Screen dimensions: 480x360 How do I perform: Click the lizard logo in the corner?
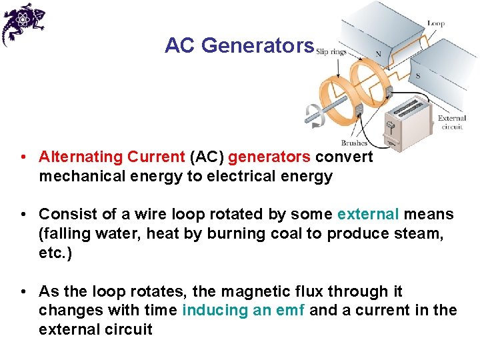coord(22,23)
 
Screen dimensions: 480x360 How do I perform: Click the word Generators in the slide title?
coord(257,45)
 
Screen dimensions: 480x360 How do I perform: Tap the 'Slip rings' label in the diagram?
coord(331,51)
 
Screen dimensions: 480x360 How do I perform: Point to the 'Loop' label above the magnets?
coord(436,23)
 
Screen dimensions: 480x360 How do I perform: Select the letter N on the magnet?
coord(379,54)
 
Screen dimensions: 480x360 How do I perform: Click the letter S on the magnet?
coord(418,76)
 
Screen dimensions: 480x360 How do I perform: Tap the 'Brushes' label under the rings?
coord(354,143)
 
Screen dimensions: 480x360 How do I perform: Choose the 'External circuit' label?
coord(451,122)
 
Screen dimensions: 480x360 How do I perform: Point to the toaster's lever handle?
coord(391,126)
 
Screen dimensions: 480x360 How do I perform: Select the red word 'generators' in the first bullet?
coord(269,157)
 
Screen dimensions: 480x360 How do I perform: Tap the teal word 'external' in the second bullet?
coord(368,215)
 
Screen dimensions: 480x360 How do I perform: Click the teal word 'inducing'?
coord(213,311)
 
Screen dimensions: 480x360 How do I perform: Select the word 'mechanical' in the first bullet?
coord(79,176)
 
